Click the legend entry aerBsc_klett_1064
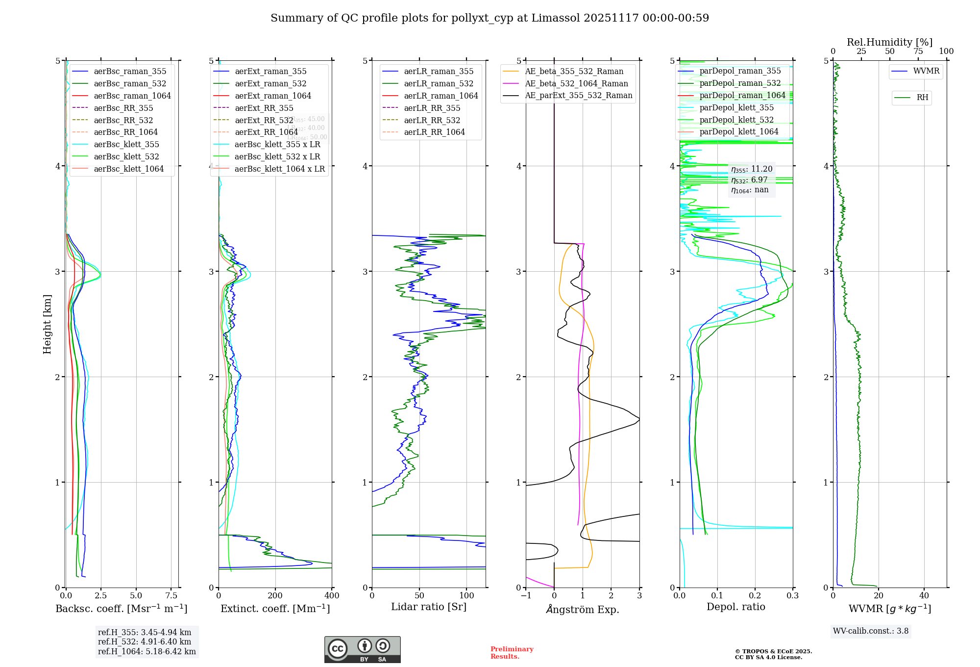[x=128, y=169]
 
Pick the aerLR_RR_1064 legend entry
[x=434, y=132]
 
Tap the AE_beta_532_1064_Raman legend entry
[x=576, y=83]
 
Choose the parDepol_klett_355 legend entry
[x=736, y=107]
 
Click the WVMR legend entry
[x=926, y=71]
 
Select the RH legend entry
[x=922, y=98]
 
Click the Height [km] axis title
[x=47, y=324]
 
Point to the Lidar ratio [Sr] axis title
[x=429, y=607]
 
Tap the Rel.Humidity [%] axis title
[x=889, y=42]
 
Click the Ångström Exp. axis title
[x=583, y=609]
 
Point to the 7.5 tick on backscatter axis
[x=171, y=595]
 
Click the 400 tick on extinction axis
[x=332, y=595]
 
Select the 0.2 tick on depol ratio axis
[x=755, y=595]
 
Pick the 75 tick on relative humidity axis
[x=918, y=51]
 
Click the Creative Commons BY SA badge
[x=362, y=649]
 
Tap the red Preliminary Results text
[x=512, y=653]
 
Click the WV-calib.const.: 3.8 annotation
[x=871, y=631]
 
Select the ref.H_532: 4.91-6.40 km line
[x=145, y=641]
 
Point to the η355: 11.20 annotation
[x=752, y=169]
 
